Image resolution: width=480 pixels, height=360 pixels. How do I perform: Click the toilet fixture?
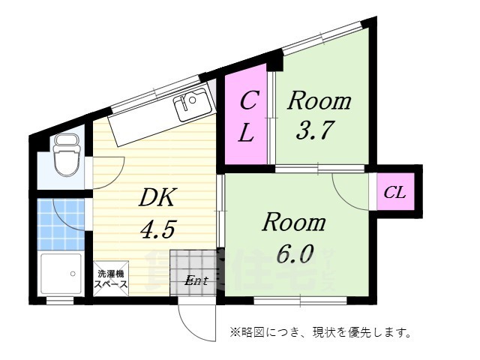(x=65, y=155)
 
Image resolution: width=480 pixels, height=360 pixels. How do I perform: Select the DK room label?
(x=158, y=198)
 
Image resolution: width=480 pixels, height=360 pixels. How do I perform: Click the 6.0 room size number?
(x=294, y=253)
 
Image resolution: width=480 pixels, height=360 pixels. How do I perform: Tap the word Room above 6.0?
(x=293, y=222)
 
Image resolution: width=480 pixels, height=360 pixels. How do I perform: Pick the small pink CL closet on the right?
(x=394, y=193)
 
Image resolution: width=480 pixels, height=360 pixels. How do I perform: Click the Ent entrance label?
(x=196, y=280)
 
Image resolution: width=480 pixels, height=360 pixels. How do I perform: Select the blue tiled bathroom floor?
(x=61, y=223)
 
